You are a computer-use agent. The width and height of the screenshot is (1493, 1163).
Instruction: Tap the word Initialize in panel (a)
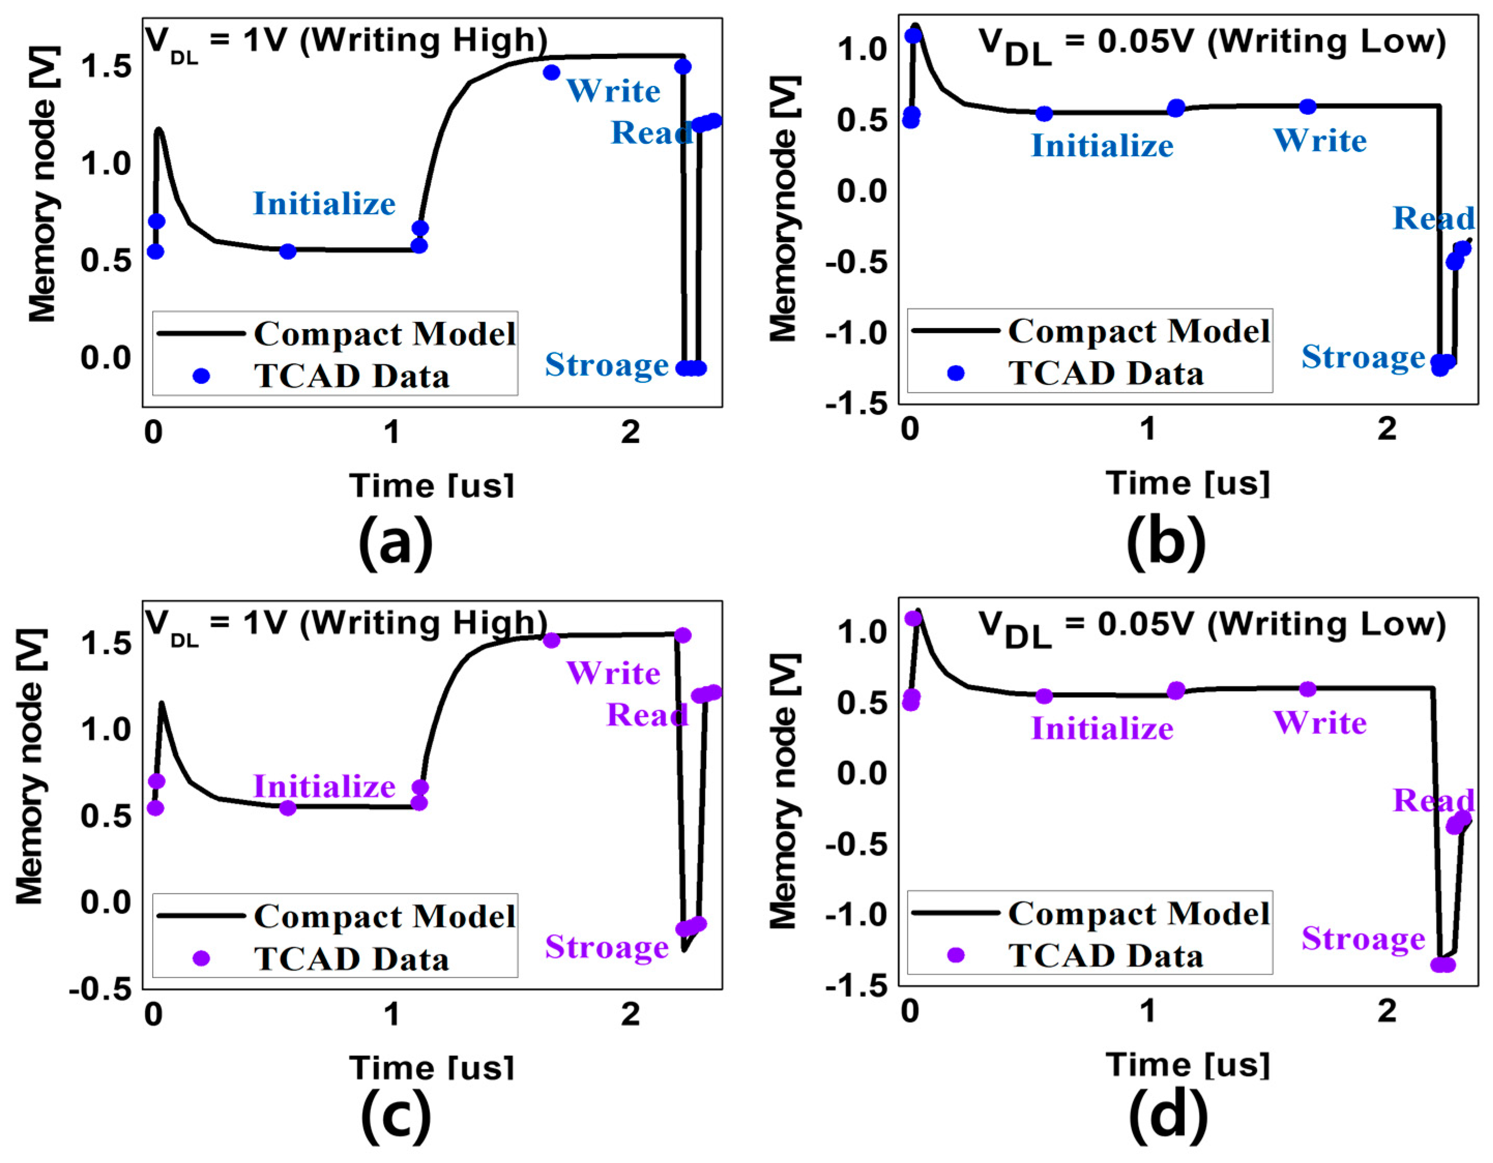324,204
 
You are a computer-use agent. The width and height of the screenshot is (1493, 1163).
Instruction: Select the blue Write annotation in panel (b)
1320,141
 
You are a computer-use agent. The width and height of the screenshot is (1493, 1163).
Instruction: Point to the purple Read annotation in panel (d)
1433,800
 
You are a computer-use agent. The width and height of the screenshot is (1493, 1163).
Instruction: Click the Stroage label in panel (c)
606,947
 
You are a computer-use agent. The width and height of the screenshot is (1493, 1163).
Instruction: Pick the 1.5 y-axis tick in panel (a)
106,67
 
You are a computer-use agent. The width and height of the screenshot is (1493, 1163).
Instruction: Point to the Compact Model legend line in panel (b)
955,331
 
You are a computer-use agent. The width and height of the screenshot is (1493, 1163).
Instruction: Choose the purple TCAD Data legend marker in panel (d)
956,955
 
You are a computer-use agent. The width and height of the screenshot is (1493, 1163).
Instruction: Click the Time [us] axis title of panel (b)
1188,483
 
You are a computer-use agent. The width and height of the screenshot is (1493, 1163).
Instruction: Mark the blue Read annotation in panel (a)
651,132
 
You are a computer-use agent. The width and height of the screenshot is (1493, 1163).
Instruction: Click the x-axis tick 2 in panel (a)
631,433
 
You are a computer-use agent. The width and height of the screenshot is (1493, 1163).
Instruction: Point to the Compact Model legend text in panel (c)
385,916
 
